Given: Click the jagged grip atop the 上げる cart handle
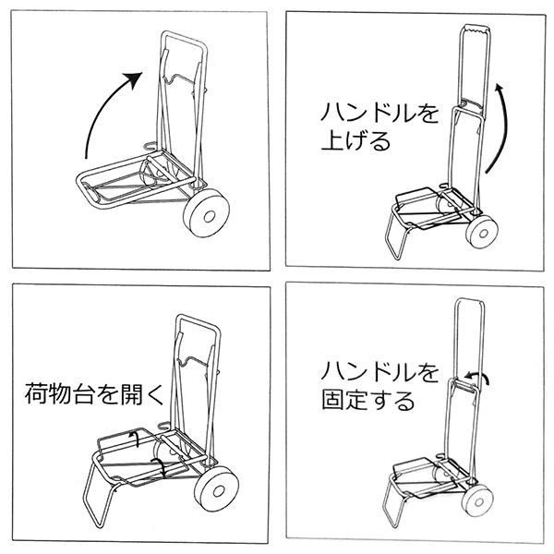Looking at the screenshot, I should [475, 34].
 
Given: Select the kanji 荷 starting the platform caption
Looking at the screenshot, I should [34, 398].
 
